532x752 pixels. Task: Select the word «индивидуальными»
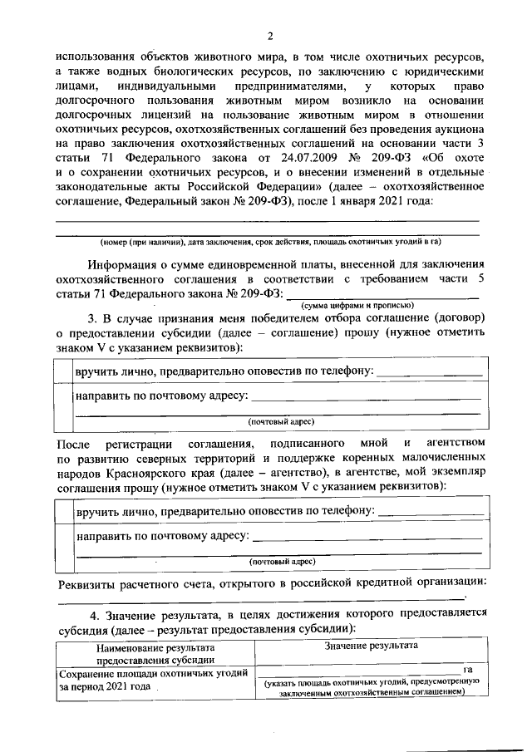[160, 86]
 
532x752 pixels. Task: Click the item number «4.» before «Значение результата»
[97, 614]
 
